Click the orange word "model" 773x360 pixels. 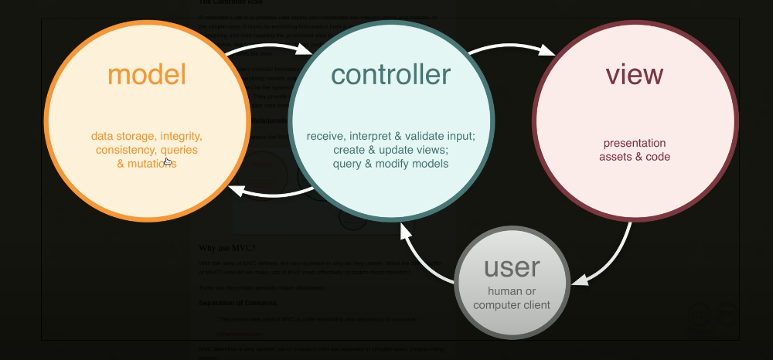coord(147,75)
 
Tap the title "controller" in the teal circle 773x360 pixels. coord(390,74)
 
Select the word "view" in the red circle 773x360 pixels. coord(634,74)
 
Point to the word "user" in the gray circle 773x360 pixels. coord(512,267)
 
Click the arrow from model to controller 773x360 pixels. coord(267,49)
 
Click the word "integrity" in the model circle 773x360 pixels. coord(180,136)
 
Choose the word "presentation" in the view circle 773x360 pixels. coord(635,143)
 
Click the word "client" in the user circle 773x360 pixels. coord(533,304)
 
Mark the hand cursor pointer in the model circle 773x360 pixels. coord(168,161)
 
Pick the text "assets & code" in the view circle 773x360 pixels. coord(635,157)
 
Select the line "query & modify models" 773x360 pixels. coord(390,164)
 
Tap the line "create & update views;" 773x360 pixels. coord(390,150)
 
